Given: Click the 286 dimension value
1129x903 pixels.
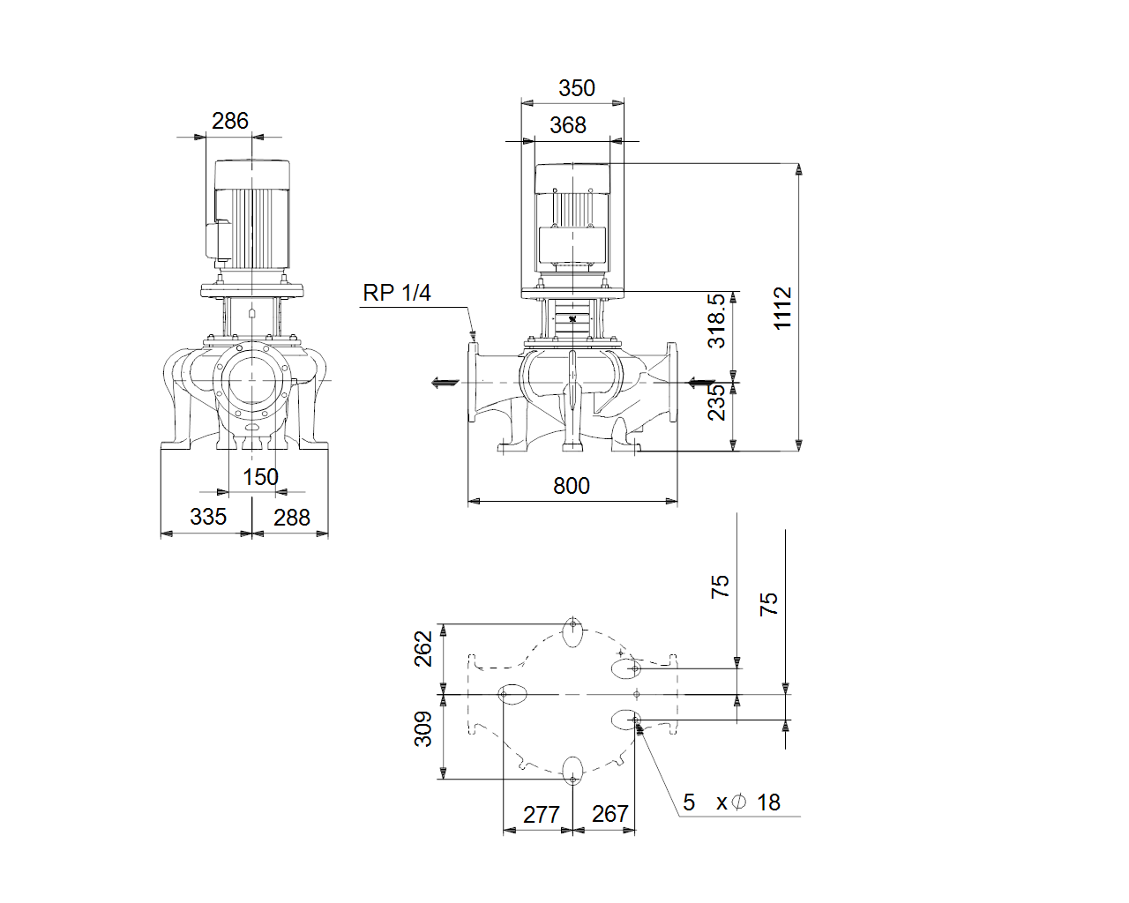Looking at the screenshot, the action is click(x=230, y=121).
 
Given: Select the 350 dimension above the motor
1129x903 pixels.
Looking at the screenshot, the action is click(x=577, y=88).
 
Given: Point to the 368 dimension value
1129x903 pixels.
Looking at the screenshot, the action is click(x=568, y=125).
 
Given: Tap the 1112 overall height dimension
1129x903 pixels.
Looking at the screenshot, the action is click(x=782, y=308).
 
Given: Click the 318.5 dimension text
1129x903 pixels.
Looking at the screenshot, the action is click(x=716, y=321).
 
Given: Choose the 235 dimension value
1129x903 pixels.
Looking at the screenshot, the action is click(x=716, y=402).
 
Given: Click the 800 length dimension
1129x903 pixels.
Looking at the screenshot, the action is click(x=572, y=486).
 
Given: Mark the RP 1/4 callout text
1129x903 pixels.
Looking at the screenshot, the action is click(x=397, y=293).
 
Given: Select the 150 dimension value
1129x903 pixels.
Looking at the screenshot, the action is click(x=260, y=477).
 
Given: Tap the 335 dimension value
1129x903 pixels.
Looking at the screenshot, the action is click(x=208, y=517).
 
